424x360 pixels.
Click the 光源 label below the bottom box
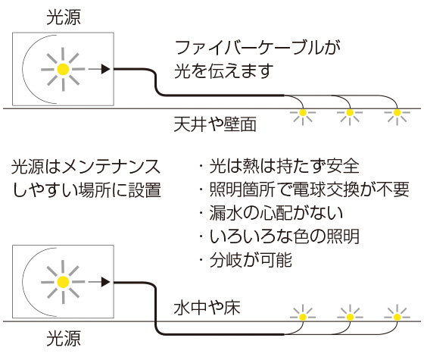tap(64, 340)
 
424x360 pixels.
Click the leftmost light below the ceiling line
tap(304, 114)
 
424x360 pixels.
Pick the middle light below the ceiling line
tap(350, 114)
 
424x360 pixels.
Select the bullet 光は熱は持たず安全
tap(277, 166)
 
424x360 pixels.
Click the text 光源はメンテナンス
tap(85, 166)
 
